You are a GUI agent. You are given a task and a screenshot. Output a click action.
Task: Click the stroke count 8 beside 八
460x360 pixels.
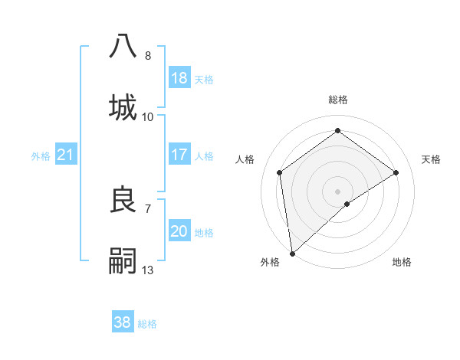click(x=148, y=56)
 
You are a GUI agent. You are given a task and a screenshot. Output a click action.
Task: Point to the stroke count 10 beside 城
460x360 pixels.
click(x=148, y=117)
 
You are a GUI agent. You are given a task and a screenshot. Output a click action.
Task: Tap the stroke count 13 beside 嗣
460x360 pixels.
click(x=148, y=270)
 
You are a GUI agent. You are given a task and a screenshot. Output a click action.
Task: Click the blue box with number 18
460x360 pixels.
click(x=179, y=78)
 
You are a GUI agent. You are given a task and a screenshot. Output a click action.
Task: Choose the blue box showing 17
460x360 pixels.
click(x=179, y=155)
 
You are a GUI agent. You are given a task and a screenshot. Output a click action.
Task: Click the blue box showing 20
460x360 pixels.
click(x=179, y=231)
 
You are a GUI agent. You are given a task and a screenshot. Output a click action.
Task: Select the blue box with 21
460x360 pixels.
click(x=66, y=155)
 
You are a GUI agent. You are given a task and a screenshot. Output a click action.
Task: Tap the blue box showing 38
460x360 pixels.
click(x=123, y=322)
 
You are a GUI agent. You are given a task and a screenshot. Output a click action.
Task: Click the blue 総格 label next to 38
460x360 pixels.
click(x=147, y=324)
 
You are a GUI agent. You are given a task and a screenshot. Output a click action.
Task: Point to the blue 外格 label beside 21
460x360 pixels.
click(x=41, y=156)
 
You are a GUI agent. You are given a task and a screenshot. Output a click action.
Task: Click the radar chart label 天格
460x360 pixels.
click(x=431, y=159)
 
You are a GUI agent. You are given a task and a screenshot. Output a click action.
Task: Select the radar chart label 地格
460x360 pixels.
click(x=402, y=262)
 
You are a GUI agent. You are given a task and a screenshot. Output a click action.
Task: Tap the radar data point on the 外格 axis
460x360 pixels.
click(x=291, y=253)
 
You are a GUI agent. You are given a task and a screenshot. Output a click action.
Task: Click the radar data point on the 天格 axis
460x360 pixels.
click(x=396, y=172)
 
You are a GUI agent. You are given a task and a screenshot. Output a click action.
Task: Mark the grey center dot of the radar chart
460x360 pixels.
click(x=337, y=191)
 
